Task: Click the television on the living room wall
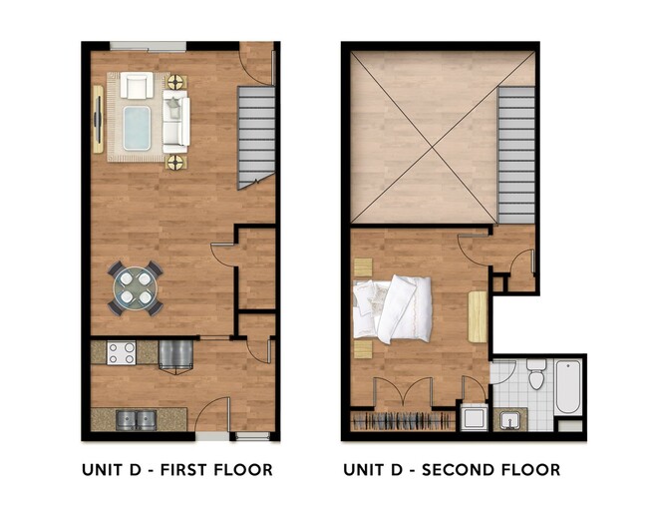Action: pos(98,121)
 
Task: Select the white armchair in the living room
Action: pos(136,86)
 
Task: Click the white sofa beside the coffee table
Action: pos(175,121)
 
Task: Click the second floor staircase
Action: pos(516,150)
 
